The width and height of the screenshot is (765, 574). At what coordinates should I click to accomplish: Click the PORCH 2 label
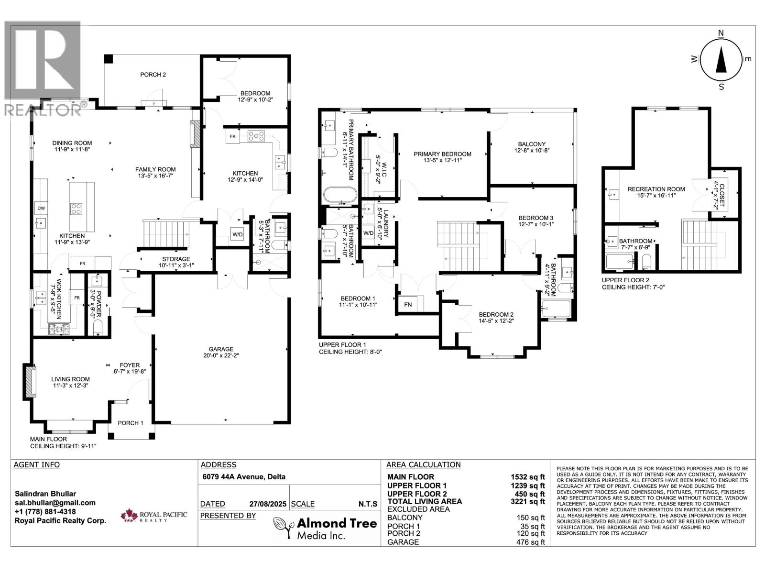(153, 75)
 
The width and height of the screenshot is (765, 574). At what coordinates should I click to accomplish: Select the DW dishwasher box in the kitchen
(41, 208)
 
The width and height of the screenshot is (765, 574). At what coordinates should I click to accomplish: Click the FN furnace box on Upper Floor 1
(408, 304)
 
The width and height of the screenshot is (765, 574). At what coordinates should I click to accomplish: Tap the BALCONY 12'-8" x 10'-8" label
(531, 147)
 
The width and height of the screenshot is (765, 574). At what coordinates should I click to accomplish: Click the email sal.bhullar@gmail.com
(55, 503)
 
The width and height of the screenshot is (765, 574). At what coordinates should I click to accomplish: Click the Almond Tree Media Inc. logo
(325, 529)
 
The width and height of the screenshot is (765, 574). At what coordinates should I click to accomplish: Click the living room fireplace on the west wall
(30, 381)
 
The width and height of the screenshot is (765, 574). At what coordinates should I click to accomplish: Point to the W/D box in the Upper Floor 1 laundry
(368, 233)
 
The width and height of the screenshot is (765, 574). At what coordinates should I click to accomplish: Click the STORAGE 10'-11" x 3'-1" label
(175, 262)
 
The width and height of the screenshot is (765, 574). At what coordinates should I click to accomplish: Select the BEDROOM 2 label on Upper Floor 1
(496, 318)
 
